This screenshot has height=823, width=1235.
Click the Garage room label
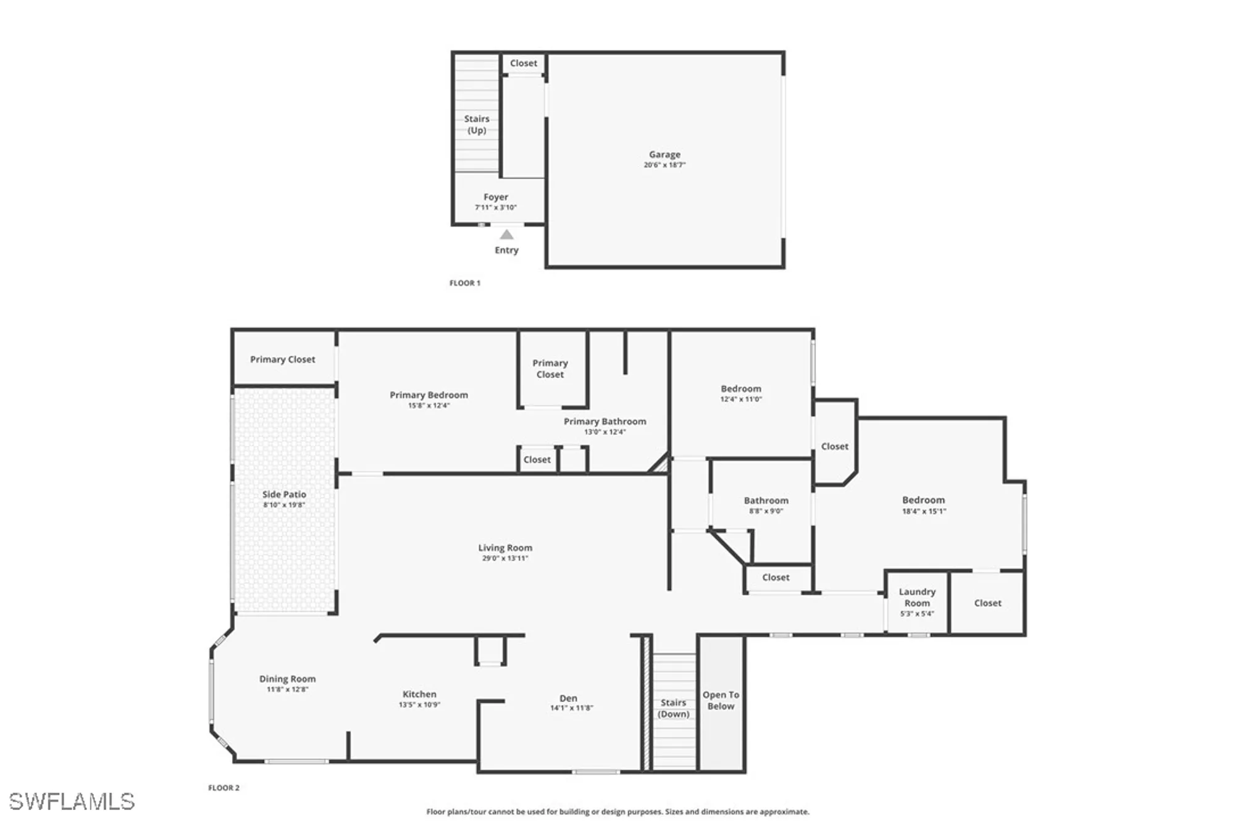point(664,155)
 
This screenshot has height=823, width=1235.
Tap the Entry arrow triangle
point(506,235)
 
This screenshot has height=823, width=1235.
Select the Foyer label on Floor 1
point(496,197)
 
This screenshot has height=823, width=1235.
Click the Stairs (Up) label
point(477,124)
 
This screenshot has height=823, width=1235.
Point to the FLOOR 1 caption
point(464,283)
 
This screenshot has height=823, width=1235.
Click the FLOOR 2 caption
point(224,788)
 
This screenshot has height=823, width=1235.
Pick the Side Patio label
point(284,494)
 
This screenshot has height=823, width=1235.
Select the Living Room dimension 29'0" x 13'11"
point(505,558)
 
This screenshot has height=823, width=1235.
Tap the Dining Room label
point(287,679)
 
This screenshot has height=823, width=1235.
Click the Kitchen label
point(419,694)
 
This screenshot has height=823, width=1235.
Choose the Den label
point(568,698)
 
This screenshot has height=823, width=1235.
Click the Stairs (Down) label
point(673,708)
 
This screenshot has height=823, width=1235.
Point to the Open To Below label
point(721,700)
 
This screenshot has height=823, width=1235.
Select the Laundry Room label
point(917,597)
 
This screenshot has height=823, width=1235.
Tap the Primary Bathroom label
point(605,421)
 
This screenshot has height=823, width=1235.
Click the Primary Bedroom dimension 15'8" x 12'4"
point(429,406)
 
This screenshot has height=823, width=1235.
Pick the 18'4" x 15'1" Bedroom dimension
point(924,511)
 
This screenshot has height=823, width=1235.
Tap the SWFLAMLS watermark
point(72,801)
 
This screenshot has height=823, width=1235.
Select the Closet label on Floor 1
point(524,63)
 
